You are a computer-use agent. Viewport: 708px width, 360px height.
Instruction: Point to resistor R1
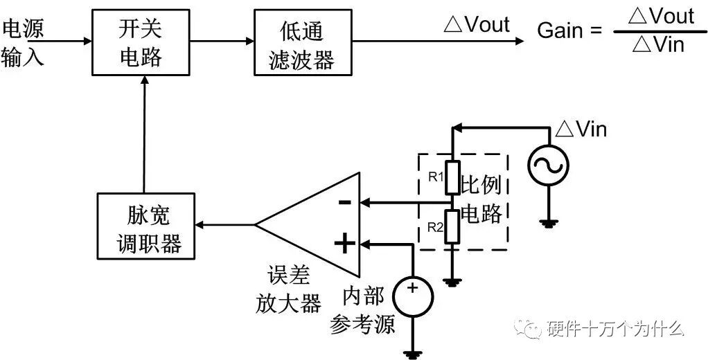(x=452, y=178)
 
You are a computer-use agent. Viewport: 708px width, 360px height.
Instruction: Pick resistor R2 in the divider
(x=452, y=227)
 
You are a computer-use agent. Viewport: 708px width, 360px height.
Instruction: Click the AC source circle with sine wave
(x=548, y=166)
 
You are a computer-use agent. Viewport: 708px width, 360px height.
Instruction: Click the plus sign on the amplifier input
(x=344, y=243)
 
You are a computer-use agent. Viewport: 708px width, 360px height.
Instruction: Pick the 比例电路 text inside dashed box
(x=482, y=199)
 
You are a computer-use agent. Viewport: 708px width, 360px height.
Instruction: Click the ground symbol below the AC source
(x=548, y=223)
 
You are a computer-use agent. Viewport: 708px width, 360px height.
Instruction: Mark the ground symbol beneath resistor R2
(x=452, y=282)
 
